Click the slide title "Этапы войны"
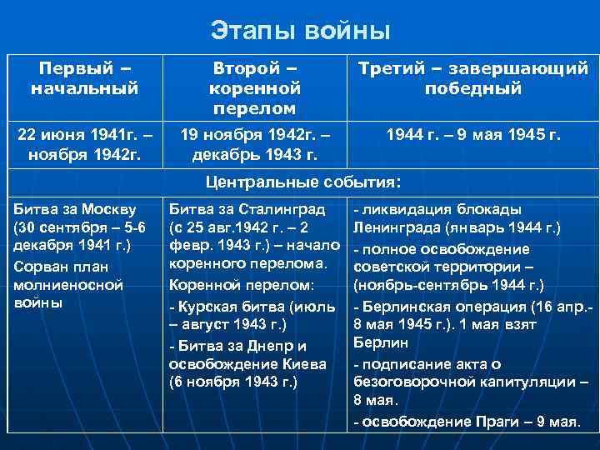[300, 32]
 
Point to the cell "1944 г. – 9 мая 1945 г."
[472, 133]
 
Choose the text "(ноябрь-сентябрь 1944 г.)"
[448, 284]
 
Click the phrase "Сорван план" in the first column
[56, 266]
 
